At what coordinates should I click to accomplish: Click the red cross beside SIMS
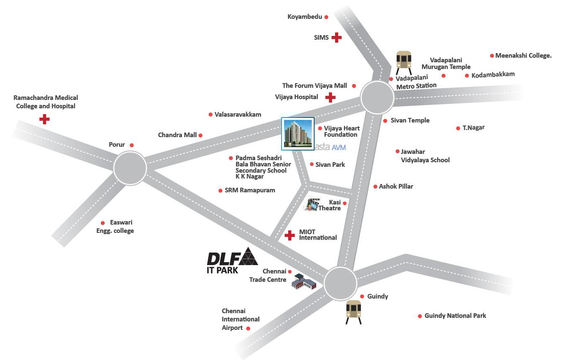pyautogui.click(x=336, y=38)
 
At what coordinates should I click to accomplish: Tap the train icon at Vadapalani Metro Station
pyautogui.click(x=404, y=61)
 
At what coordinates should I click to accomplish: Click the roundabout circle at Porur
pyautogui.click(x=130, y=168)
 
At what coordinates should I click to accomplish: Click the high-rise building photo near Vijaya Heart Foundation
pyautogui.click(x=297, y=133)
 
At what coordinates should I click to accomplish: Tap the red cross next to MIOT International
pyautogui.click(x=289, y=235)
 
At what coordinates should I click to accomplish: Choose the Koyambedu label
pyautogui.click(x=305, y=17)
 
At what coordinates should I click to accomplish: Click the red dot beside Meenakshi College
pyautogui.click(x=492, y=56)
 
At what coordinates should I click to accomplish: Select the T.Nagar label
pyautogui.click(x=474, y=128)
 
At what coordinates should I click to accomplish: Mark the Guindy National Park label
pyautogui.click(x=455, y=316)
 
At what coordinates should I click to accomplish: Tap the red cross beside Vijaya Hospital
pyautogui.click(x=330, y=97)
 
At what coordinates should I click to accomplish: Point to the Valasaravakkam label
pyautogui.click(x=238, y=114)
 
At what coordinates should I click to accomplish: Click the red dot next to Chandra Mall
pyautogui.click(x=200, y=135)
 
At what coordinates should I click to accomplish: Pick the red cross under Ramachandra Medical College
pyautogui.click(x=44, y=119)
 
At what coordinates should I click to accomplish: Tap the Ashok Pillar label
pyautogui.click(x=396, y=186)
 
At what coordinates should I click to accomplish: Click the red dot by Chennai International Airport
pyautogui.click(x=248, y=329)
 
